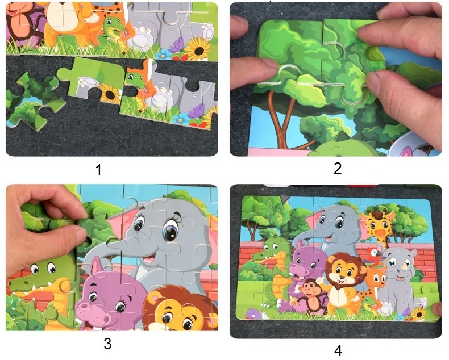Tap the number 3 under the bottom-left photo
(107, 344)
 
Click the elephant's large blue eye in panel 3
(169, 232)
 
